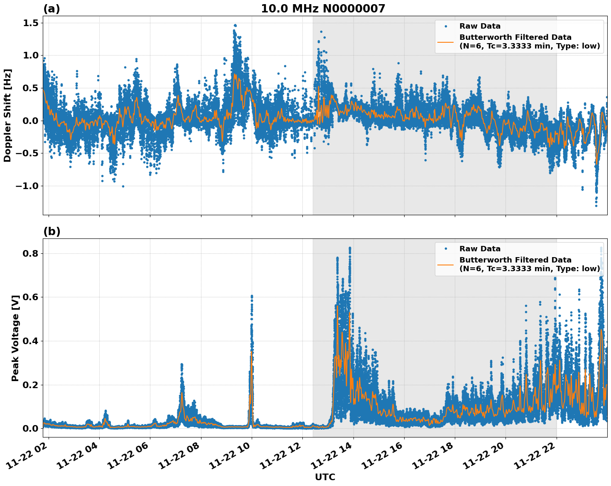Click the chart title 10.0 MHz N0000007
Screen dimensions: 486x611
click(323, 8)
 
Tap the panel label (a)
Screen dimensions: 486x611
click(52, 9)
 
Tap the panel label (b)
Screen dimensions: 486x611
click(52, 231)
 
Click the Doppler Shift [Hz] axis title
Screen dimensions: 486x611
click(7, 115)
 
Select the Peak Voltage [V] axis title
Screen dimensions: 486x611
click(15, 338)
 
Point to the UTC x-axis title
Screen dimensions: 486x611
click(325, 477)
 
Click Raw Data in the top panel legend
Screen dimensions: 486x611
click(480, 26)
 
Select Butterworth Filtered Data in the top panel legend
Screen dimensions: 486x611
click(515, 37)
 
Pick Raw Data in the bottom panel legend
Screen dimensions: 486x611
click(480, 249)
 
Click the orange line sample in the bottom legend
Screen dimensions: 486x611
click(445, 264)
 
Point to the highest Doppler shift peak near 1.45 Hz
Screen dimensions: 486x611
click(235, 25)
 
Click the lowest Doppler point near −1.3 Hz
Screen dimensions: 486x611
click(596, 206)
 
